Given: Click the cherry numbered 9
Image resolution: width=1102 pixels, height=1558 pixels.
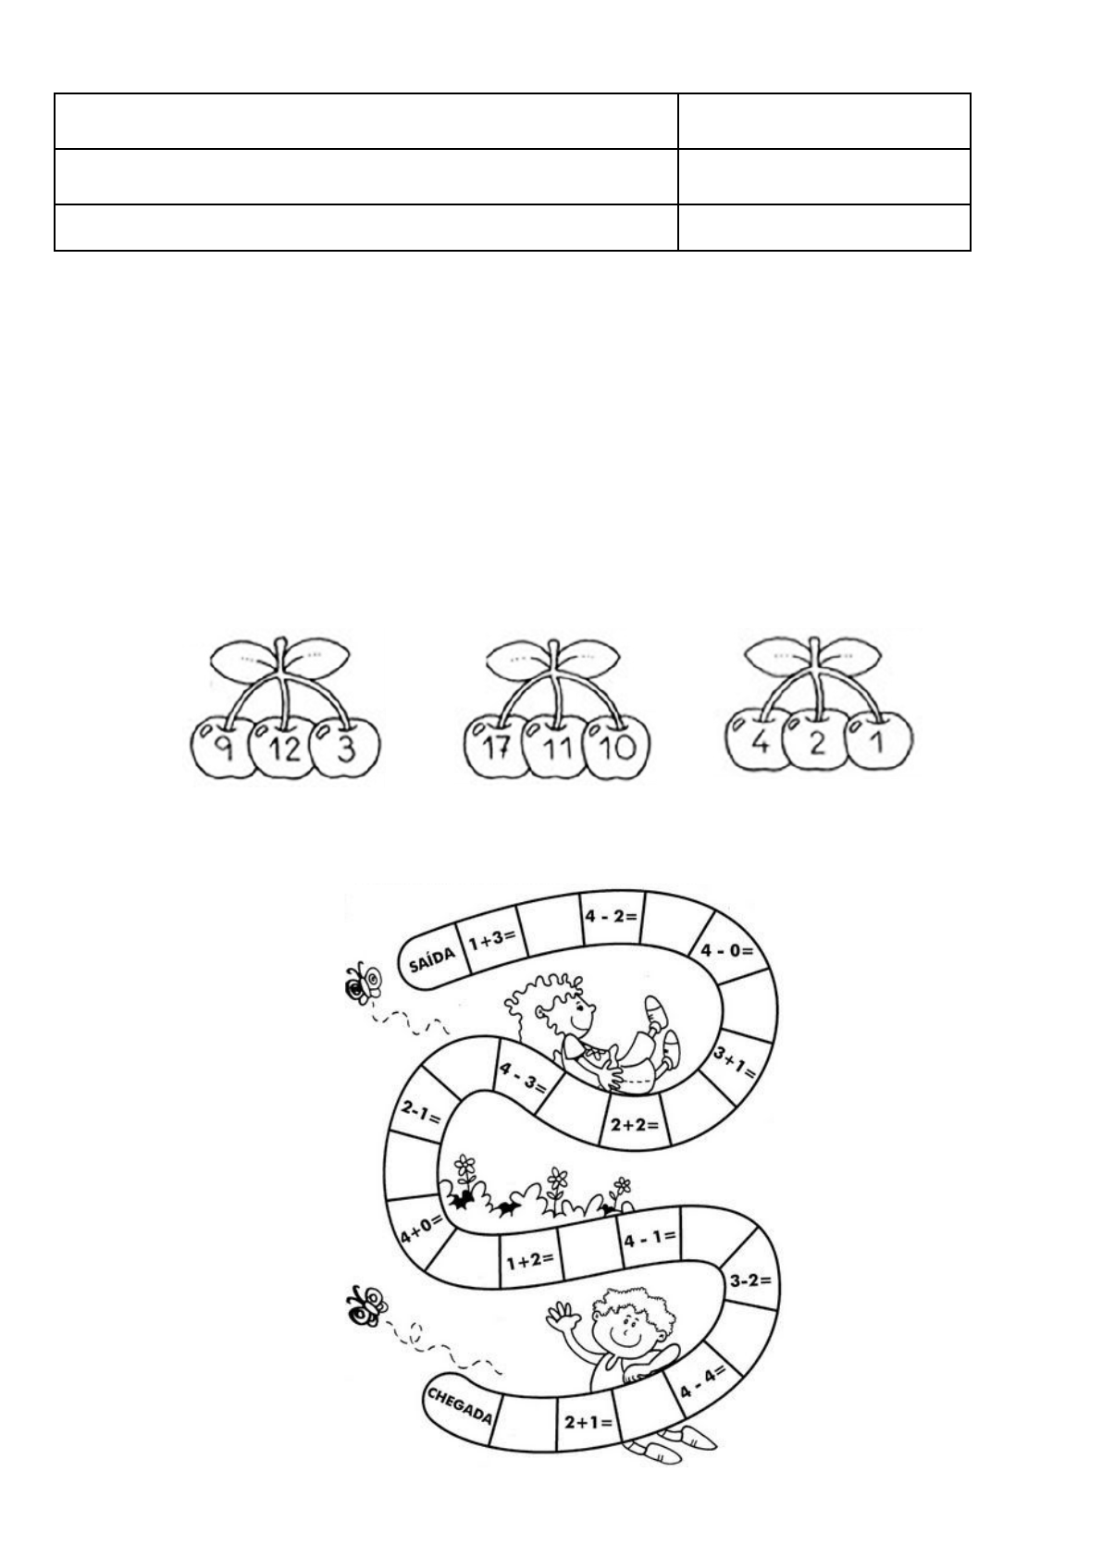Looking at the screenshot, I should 220,748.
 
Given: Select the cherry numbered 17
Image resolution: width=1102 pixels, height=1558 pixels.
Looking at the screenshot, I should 496,748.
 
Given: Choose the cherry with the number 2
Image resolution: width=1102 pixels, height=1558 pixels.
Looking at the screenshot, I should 816,742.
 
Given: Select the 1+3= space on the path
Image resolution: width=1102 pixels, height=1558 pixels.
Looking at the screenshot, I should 491,942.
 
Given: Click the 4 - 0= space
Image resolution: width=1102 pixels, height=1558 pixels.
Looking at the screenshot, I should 727,950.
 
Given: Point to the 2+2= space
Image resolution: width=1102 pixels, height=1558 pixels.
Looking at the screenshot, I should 635,1125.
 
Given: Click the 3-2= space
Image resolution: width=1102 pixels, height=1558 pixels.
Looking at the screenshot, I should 750,1281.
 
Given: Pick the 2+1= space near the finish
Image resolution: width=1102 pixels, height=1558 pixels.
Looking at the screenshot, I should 588,1422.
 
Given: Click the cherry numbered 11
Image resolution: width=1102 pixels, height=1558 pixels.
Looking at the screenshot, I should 558,748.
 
